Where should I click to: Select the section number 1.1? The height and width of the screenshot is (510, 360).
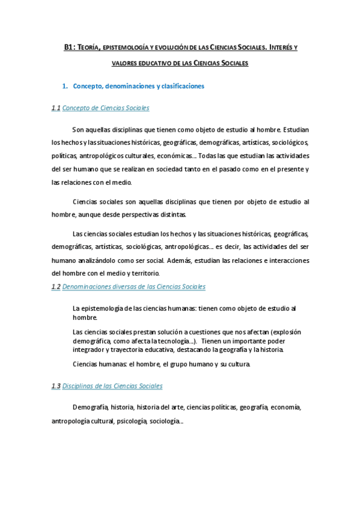pyautogui.click(x=56, y=108)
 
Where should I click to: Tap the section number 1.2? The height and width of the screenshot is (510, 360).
pyautogui.click(x=56, y=287)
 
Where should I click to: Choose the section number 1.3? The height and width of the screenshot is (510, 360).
pyautogui.click(x=56, y=386)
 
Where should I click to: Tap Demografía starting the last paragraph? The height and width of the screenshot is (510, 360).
pyautogui.click(x=90, y=407)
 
